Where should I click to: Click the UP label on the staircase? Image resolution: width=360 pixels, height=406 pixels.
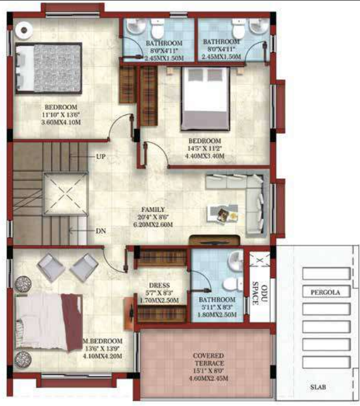click(101, 157)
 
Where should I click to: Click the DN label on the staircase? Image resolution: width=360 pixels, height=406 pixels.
click(101, 231)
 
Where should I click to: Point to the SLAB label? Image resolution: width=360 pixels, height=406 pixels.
click(319, 387)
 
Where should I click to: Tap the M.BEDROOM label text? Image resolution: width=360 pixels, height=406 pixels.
click(103, 341)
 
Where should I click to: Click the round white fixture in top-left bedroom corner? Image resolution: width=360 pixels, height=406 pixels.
click(25, 28)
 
